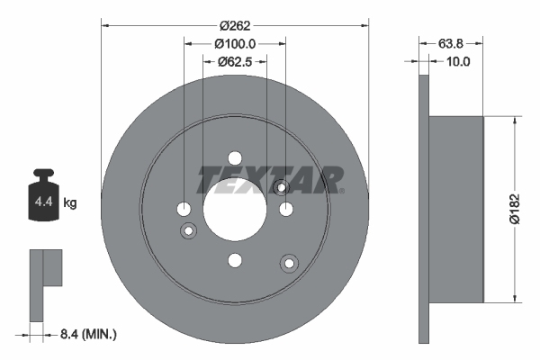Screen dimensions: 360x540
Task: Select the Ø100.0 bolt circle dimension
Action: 236,42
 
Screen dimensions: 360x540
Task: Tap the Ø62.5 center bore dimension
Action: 236,61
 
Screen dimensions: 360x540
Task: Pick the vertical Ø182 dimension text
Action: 516,208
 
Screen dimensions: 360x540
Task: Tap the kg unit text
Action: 70,203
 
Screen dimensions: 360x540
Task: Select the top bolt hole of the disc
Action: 235,157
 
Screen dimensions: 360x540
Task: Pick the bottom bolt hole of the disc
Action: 235,260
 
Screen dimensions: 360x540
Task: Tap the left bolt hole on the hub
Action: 184,209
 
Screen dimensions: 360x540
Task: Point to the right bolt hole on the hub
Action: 286,209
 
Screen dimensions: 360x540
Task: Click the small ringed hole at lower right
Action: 289,263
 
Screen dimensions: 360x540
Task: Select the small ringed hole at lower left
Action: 190,232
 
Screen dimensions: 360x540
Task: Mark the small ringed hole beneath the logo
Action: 280,187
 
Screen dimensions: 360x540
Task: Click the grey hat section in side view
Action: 457,208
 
